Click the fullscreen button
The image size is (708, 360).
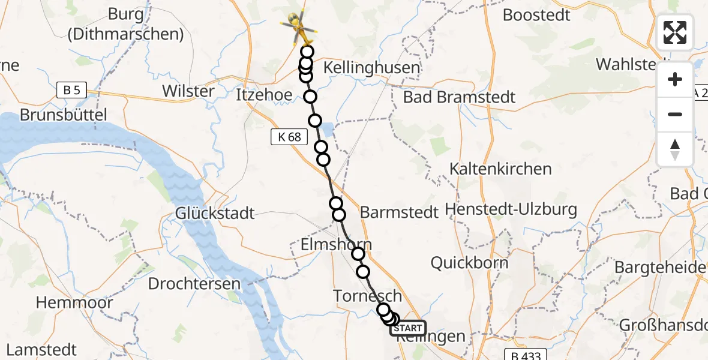tap(675, 32)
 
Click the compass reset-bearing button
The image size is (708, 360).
tap(675, 149)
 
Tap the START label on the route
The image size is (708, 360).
tap(408, 329)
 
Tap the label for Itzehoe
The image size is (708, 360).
tap(265, 95)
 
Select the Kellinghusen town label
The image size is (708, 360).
tap(371, 67)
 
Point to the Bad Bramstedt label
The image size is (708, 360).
tap(460, 97)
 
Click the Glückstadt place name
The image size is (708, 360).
tap(215, 213)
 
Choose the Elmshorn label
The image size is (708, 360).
tap(336, 245)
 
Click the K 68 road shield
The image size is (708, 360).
tap(289, 137)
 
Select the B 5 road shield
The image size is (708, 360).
tap(72, 91)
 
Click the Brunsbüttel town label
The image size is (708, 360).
tap(63, 115)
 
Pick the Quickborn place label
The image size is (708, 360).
tap(470, 262)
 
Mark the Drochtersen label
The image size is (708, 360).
tap(194, 284)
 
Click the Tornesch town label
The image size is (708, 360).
tap(368, 296)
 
